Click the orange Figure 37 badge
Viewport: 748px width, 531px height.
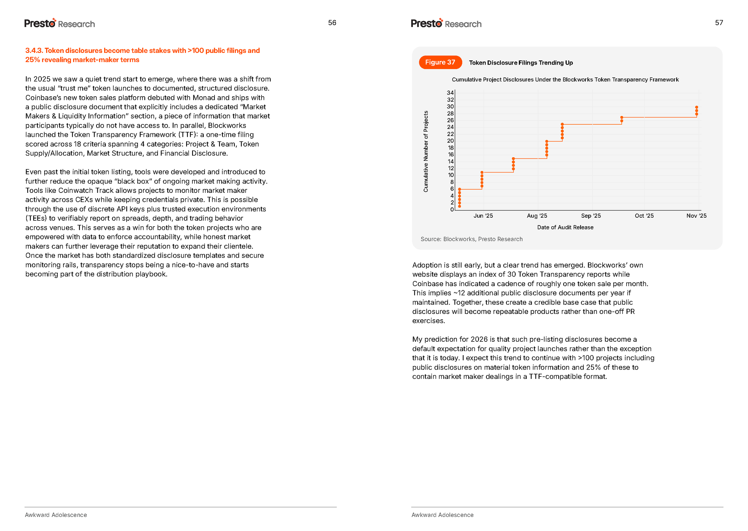tap(440, 62)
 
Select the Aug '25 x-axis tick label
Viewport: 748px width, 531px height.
tap(537, 216)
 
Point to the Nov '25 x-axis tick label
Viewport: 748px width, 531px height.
tap(696, 216)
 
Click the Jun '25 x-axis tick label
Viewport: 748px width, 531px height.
tap(483, 216)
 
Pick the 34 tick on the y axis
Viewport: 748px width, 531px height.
tap(450, 93)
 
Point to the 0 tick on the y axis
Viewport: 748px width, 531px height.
tap(452, 210)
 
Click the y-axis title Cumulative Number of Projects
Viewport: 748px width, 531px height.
tap(426, 151)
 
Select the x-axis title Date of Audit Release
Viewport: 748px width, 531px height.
tap(565, 227)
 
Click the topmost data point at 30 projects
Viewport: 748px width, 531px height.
tap(697, 107)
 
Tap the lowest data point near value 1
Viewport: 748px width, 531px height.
tap(459, 206)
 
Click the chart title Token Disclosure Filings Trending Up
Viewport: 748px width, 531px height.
tap(521, 63)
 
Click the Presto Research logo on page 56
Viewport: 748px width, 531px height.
tap(60, 23)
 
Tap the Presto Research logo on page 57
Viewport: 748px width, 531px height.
tap(446, 23)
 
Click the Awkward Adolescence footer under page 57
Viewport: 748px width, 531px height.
tap(443, 515)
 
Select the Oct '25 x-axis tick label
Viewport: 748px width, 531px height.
tap(644, 216)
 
